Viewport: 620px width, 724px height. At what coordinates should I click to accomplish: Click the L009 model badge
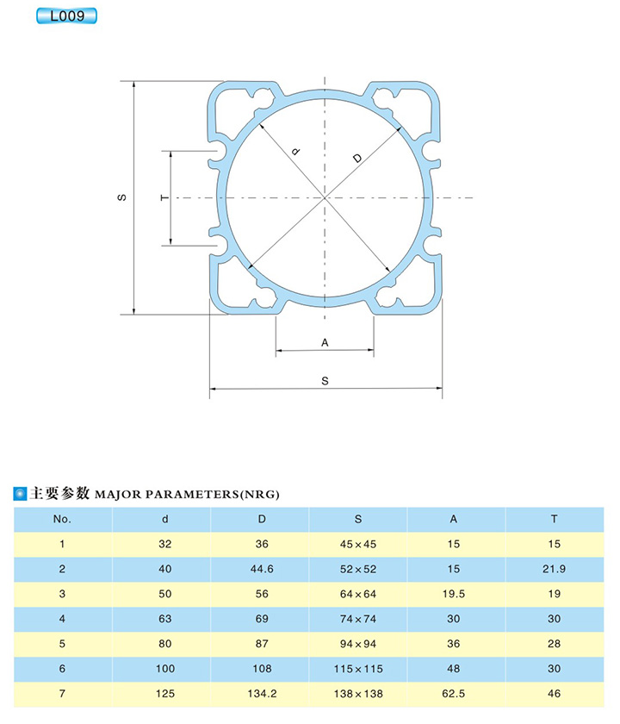[66, 16]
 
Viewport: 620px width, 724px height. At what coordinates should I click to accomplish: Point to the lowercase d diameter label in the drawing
[296, 151]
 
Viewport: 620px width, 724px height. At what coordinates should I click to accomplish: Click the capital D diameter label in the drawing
[357, 159]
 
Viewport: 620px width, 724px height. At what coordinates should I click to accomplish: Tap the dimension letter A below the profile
[325, 343]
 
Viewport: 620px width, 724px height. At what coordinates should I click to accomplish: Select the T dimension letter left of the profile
[164, 197]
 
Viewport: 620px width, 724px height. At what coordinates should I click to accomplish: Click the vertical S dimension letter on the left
[121, 197]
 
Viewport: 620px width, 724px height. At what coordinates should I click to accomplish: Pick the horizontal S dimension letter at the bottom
[325, 381]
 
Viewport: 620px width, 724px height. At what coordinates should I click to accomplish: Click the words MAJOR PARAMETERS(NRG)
[187, 495]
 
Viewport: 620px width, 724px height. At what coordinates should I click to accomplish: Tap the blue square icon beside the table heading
[20, 494]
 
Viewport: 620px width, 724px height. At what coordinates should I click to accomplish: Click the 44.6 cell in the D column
[262, 569]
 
